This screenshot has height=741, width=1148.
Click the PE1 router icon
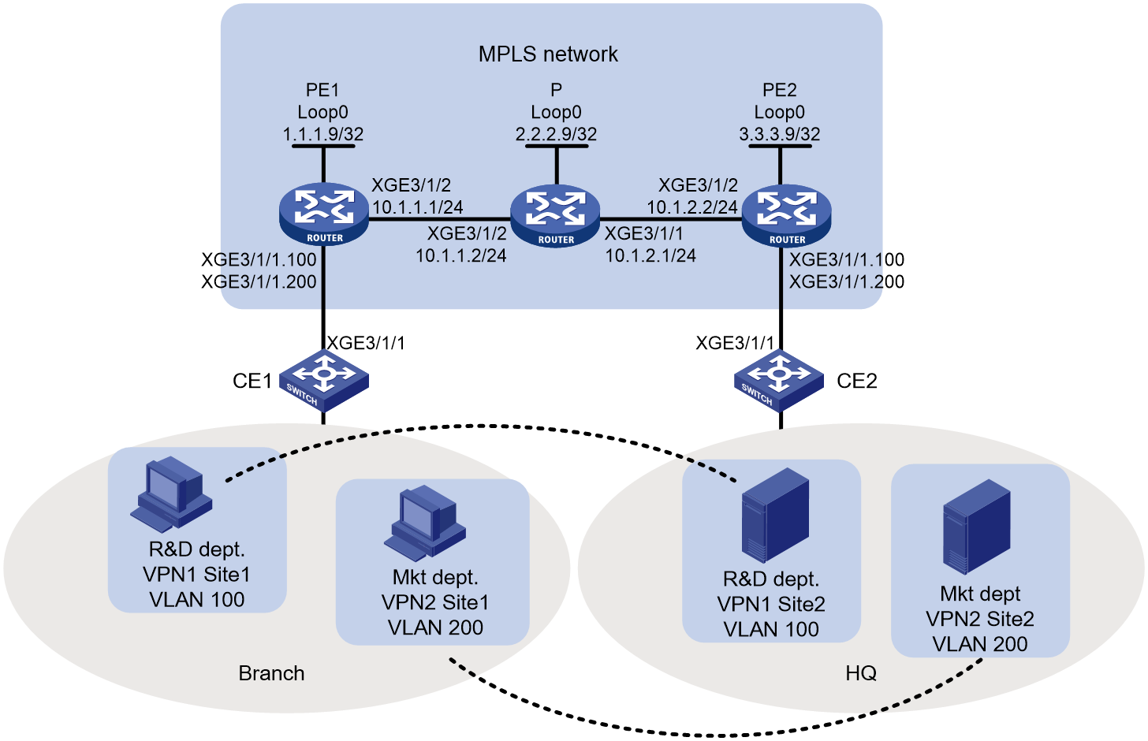pyautogui.click(x=324, y=215)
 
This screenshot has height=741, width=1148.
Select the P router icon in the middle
pyautogui.click(x=556, y=216)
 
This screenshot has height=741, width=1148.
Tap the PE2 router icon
pyautogui.click(x=787, y=216)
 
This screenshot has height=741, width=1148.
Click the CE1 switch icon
pyautogui.click(x=324, y=380)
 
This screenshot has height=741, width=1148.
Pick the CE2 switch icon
pyautogui.click(x=779, y=380)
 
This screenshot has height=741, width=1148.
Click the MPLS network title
pyautogui.click(x=548, y=54)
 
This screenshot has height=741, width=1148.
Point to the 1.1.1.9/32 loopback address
pyautogui.click(x=323, y=134)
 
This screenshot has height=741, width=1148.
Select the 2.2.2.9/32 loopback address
pyautogui.click(x=556, y=134)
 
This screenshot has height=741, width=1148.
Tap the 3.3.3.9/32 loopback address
pyautogui.click(x=780, y=134)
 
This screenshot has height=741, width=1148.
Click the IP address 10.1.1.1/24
pyautogui.click(x=418, y=207)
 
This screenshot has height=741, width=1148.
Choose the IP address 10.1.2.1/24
pyautogui.click(x=650, y=255)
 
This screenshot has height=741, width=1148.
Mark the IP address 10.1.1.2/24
pyautogui.click(x=460, y=255)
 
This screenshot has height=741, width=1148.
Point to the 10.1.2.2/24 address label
pyautogui.click(x=692, y=207)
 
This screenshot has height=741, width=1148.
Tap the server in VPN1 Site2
pyautogui.click(x=775, y=516)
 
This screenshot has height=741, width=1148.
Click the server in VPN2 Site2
pyautogui.click(x=977, y=527)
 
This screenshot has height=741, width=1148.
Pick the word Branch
pyautogui.click(x=271, y=673)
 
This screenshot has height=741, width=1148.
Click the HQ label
pyautogui.click(x=861, y=673)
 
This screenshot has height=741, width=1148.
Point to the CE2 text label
pyautogui.click(x=857, y=381)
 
